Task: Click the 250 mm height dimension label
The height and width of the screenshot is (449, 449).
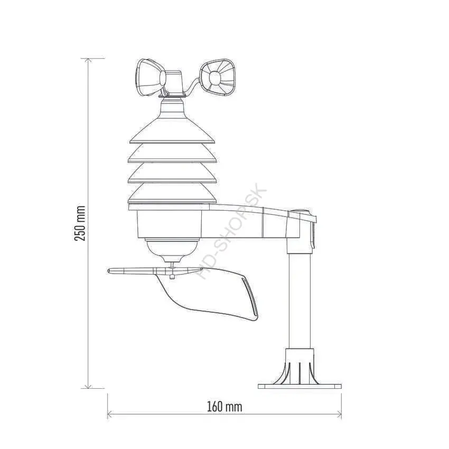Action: click(80, 223)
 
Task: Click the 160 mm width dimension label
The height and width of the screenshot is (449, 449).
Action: click(224, 407)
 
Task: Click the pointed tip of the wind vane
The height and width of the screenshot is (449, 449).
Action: click(109, 270)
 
